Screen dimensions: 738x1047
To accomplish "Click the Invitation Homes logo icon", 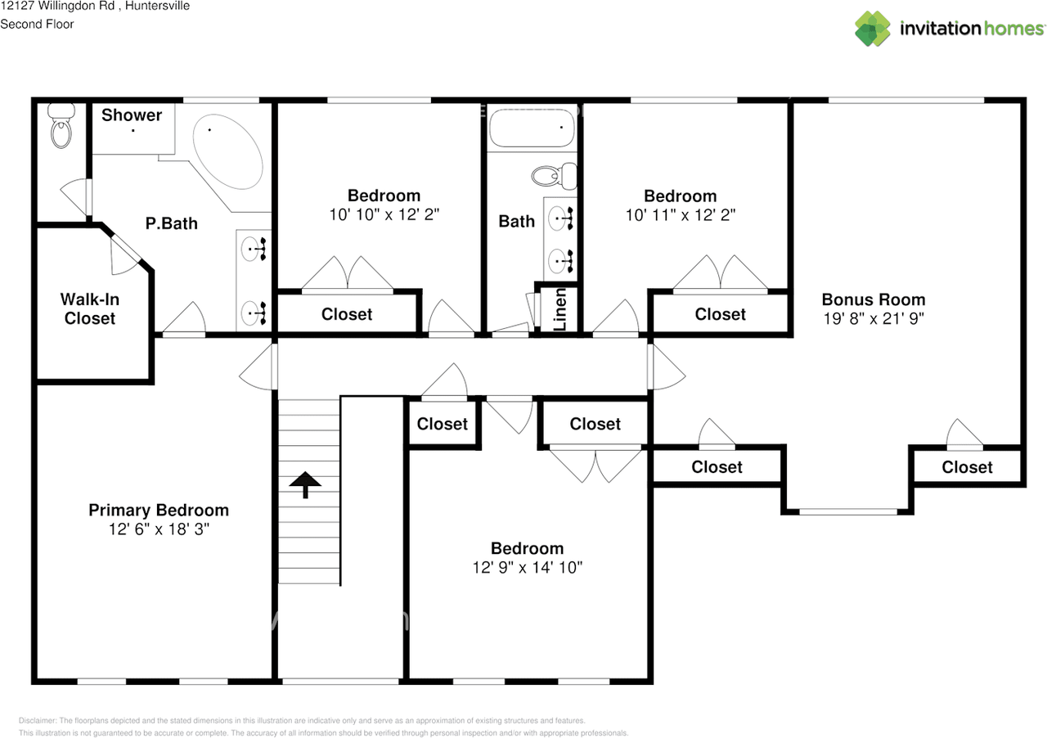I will tap(872, 29).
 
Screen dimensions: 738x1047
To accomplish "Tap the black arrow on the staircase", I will tap(306, 484).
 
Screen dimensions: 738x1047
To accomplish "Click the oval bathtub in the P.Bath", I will tap(228, 151).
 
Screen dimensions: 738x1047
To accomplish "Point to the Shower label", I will tap(132, 115).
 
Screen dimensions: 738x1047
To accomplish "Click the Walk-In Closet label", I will tap(90, 309).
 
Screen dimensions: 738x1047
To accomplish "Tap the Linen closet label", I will tap(560, 309).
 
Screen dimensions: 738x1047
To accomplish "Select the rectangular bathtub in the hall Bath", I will tap(532, 128).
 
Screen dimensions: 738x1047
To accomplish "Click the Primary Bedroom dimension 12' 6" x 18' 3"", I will tap(159, 529).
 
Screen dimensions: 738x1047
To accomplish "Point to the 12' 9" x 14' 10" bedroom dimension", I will tap(527, 567).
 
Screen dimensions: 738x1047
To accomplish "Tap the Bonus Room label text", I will tap(874, 299).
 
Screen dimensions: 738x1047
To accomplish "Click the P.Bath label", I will tap(172, 223).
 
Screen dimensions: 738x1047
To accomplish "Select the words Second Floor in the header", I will tap(37, 24).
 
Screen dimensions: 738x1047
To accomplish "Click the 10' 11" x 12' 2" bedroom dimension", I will tap(680, 214).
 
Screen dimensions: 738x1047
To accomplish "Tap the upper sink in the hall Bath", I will tap(560, 218).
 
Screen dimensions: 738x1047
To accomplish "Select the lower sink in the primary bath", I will tap(253, 312).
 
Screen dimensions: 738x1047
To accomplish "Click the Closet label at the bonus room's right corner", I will tap(967, 467).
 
